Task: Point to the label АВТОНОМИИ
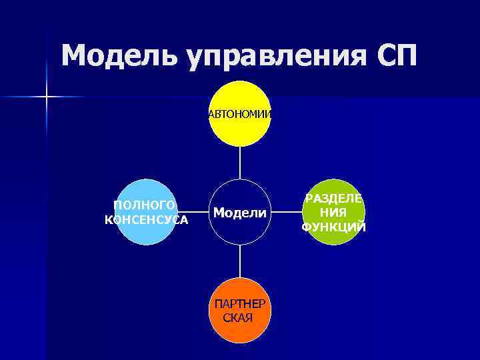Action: click(240, 114)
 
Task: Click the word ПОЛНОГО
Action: click(145, 205)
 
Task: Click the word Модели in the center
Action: click(240, 213)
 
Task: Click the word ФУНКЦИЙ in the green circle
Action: click(333, 227)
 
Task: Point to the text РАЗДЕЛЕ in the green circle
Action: click(333, 198)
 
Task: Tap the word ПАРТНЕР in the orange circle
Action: click(239, 303)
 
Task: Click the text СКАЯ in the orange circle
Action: click(238, 317)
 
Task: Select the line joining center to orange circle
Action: click(240, 261)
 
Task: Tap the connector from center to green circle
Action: click(287, 213)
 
